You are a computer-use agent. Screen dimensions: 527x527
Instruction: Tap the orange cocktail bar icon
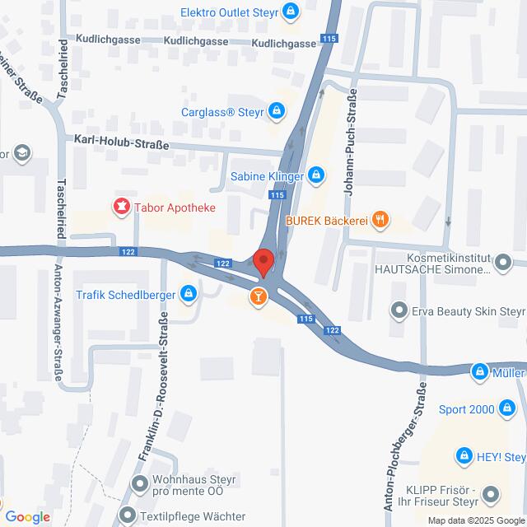tap(259, 296)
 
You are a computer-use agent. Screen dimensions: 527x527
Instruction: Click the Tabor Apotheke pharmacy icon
tap(122, 207)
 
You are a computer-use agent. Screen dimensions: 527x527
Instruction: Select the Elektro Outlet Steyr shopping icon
tap(291, 12)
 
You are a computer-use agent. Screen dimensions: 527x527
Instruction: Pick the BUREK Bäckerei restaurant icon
tap(380, 219)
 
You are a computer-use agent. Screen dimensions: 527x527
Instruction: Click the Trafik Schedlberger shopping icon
tap(189, 292)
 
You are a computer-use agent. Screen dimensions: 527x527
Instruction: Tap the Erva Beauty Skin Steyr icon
tap(399, 311)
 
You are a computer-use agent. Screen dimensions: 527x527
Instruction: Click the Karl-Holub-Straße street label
tap(121, 143)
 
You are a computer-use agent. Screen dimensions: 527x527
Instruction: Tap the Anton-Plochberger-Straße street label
tap(407, 449)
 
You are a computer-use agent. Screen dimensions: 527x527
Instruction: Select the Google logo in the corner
tap(26, 516)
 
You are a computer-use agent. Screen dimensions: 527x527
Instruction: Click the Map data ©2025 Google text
tap(474, 520)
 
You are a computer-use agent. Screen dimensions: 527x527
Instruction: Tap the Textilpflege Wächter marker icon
tap(128, 516)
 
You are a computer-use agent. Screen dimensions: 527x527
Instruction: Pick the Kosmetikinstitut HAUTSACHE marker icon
tap(505, 263)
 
